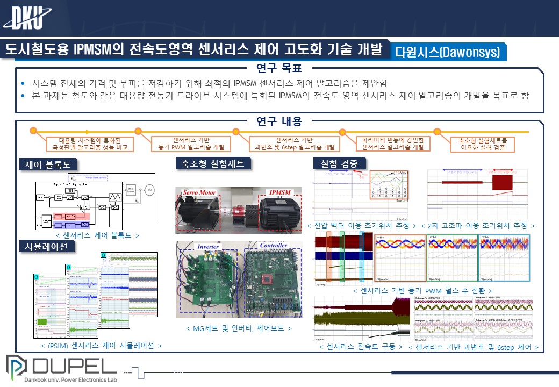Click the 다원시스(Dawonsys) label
(x=447, y=52)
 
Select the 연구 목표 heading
(x=279, y=68)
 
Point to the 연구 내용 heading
(x=279, y=121)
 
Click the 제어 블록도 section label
(x=48, y=164)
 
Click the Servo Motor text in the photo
(x=199, y=192)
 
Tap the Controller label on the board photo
(x=273, y=246)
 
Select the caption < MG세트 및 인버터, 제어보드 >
(x=239, y=328)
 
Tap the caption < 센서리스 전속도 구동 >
(x=361, y=347)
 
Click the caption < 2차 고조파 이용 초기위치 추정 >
(x=477, y=225)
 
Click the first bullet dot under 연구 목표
(x=23, y=84)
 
